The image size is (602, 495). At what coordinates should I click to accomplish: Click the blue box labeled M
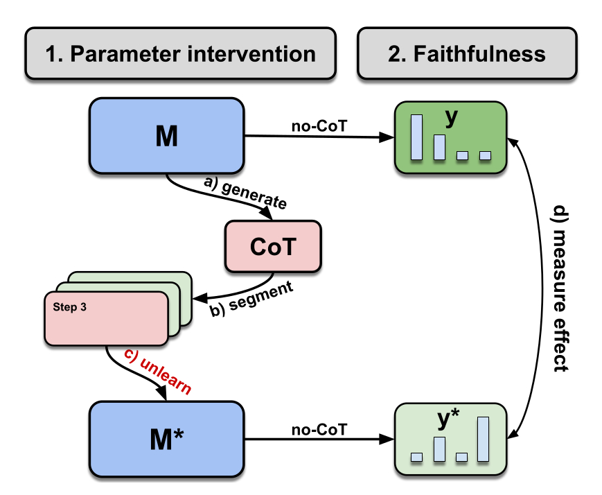click(x=166, y=137)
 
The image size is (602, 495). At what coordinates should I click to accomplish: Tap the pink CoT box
click(x=272, y=245)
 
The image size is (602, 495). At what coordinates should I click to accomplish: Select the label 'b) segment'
click(x=251, y=300)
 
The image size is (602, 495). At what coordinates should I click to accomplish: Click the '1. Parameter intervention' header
click(x=180, y=53)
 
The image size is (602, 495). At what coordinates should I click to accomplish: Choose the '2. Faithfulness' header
click(x=467, y=53)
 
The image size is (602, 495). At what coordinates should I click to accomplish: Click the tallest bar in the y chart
click(x=416, y=137)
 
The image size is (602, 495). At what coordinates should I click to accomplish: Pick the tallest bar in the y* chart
click(x=483, y=439)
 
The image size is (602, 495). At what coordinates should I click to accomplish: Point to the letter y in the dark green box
click(x=452, y=119)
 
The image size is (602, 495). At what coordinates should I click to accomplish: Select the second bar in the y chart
click(x=439, y=147)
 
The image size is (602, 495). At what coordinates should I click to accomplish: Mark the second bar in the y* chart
click(x=439, y=449)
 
